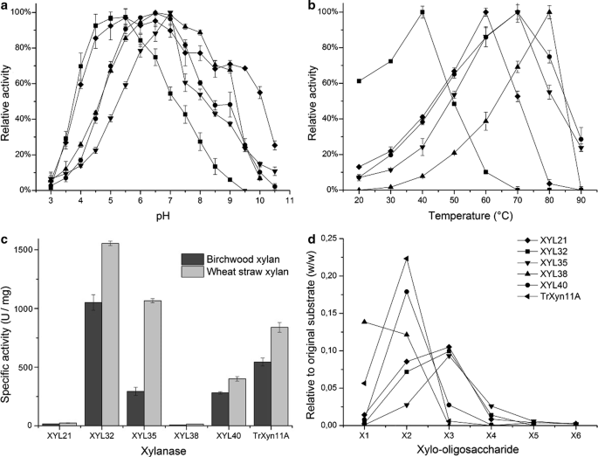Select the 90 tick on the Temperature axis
click(581, 202)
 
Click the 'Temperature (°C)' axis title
click(464, 218)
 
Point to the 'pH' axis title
click(161, 218)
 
